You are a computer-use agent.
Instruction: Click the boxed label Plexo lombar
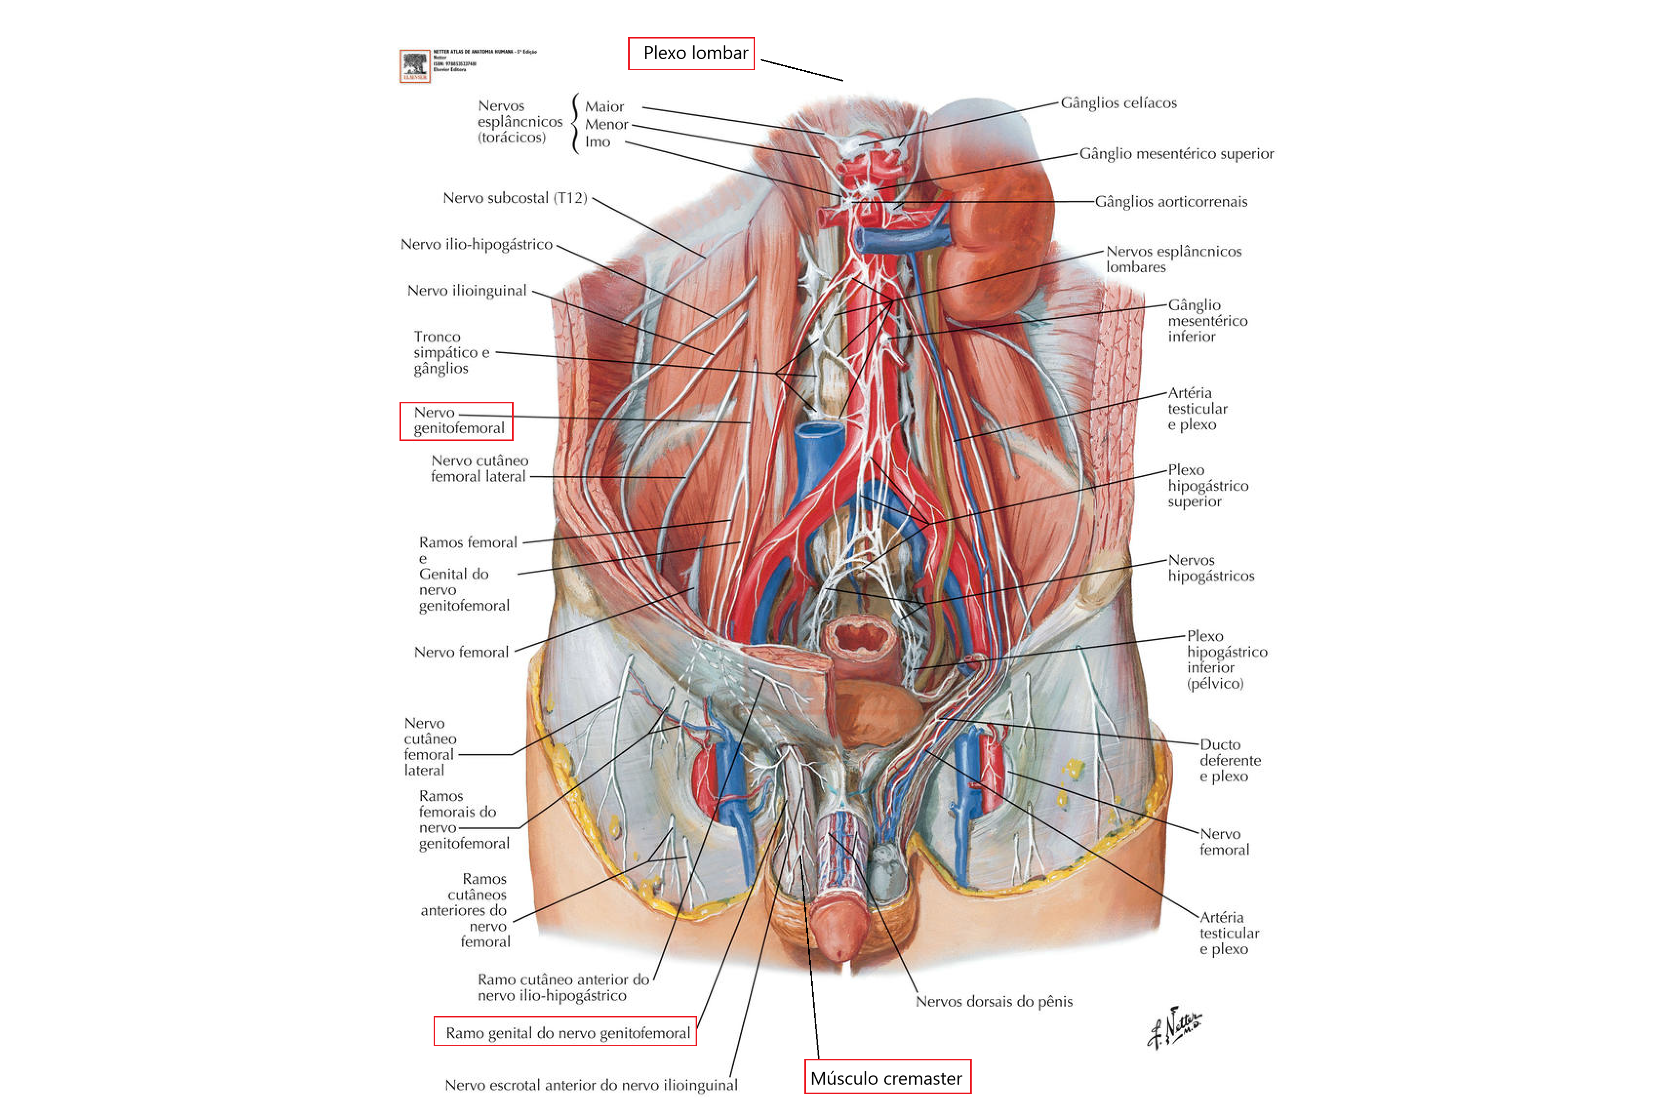pos(691,53)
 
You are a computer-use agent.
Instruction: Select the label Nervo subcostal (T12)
pos(515,198)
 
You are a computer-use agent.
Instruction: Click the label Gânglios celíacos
pos(1118,103)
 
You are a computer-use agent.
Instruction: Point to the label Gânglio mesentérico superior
pos(1176,154)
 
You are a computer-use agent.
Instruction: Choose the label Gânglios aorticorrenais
pos(1171,201)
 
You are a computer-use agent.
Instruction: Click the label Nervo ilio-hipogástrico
pos(476,244)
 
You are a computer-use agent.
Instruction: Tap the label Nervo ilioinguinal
pos(467,290)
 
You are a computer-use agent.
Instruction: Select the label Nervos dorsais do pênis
pos(994,1001)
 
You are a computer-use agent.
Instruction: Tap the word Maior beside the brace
pos(604,107)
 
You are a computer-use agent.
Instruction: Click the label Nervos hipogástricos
pos(1211,568)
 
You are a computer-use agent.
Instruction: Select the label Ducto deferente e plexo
pos(1230,760)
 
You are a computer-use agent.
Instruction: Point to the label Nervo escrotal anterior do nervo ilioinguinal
pos(591,1085)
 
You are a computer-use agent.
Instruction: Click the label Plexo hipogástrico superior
pos(1208,485)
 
